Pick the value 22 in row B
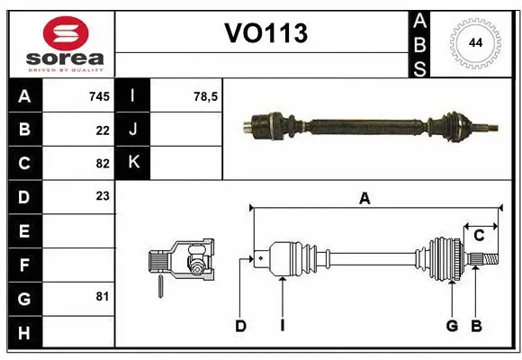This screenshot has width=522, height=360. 103,130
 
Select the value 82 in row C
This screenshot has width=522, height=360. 103,163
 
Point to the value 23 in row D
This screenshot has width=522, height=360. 103,196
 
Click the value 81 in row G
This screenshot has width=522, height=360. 103,296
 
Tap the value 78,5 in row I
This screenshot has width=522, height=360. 206,96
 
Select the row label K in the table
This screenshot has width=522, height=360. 134,163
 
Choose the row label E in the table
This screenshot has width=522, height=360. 24,230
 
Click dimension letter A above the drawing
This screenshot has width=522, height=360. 364,199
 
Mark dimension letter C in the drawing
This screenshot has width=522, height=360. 479,236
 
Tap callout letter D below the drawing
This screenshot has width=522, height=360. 240,326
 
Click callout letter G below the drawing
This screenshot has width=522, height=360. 452,326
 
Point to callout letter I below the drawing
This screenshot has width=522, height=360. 282,326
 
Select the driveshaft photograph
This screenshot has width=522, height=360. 369,122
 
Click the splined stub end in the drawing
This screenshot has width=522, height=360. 487,260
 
